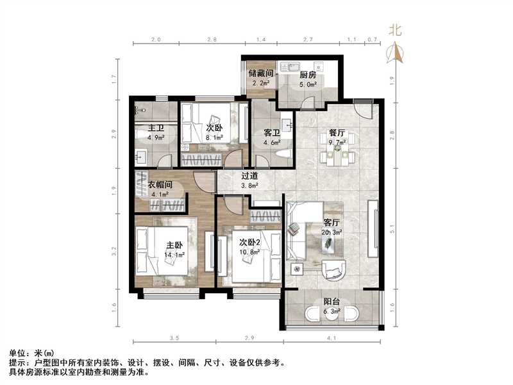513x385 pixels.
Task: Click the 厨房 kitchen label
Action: point(308,74)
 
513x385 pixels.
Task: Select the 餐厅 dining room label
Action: point(337,133)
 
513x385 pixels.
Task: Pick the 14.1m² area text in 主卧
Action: point(174,255)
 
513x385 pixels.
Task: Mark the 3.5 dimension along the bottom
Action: point(174,338)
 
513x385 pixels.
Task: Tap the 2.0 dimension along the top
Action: point(156,40)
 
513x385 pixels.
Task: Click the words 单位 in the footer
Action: point(17,353)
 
